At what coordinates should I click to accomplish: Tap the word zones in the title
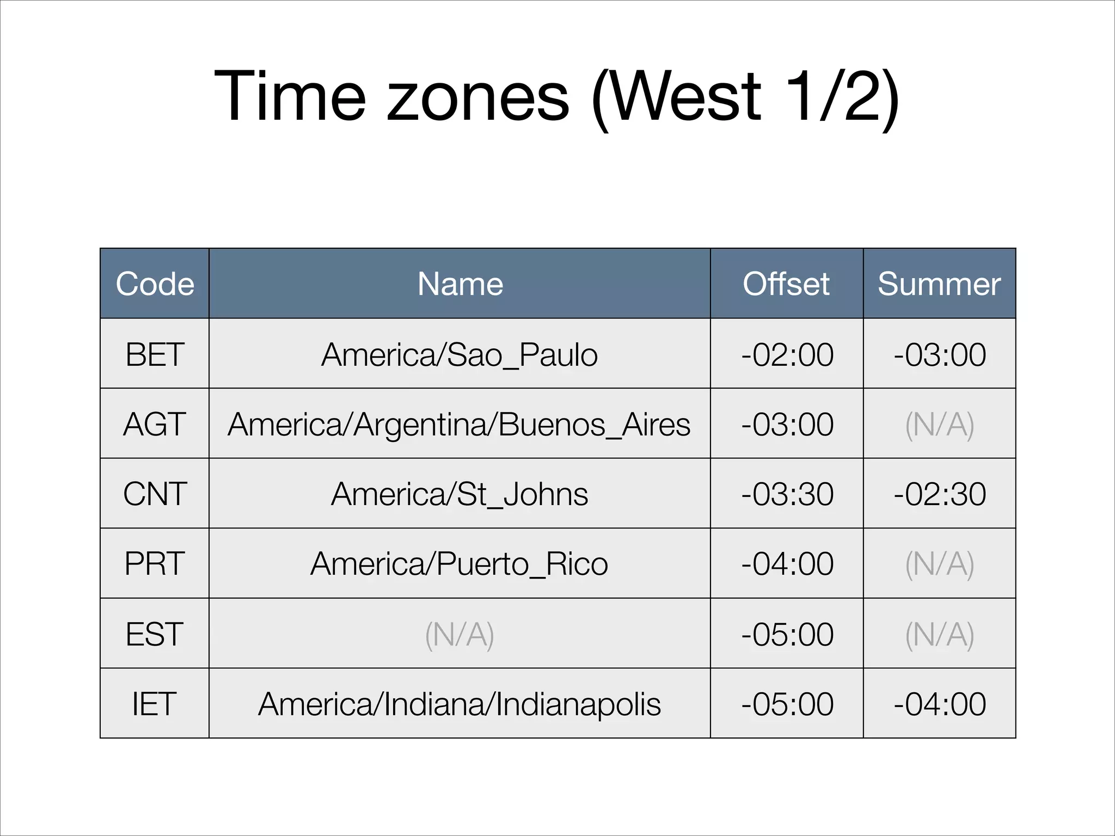[x=478, y=97]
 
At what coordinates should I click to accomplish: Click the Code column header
[x=155, y=284]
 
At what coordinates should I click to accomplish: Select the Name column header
[x=460, y=284]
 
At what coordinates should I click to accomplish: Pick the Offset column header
[x=786, y=284]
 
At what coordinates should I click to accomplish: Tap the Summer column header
[x=939, y=284]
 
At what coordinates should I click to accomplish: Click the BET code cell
[x=155, y=354]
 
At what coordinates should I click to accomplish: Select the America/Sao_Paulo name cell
[x=460, y=354]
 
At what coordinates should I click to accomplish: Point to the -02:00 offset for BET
[x=787, y=354]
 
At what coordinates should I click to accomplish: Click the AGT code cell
[x=155, y=424]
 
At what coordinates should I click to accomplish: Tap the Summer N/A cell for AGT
[x=939, y=424]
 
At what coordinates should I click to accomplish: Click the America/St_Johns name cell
[x=460, y=494]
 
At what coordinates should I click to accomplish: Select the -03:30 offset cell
[x=787, y=494]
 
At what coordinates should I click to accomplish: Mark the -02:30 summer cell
[x=940, y=494]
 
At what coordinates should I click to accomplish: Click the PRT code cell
[x=155, y=563]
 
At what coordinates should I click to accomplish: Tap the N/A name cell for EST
[x=460, y=634]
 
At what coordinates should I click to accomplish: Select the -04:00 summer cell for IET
[x=940, y=704]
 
